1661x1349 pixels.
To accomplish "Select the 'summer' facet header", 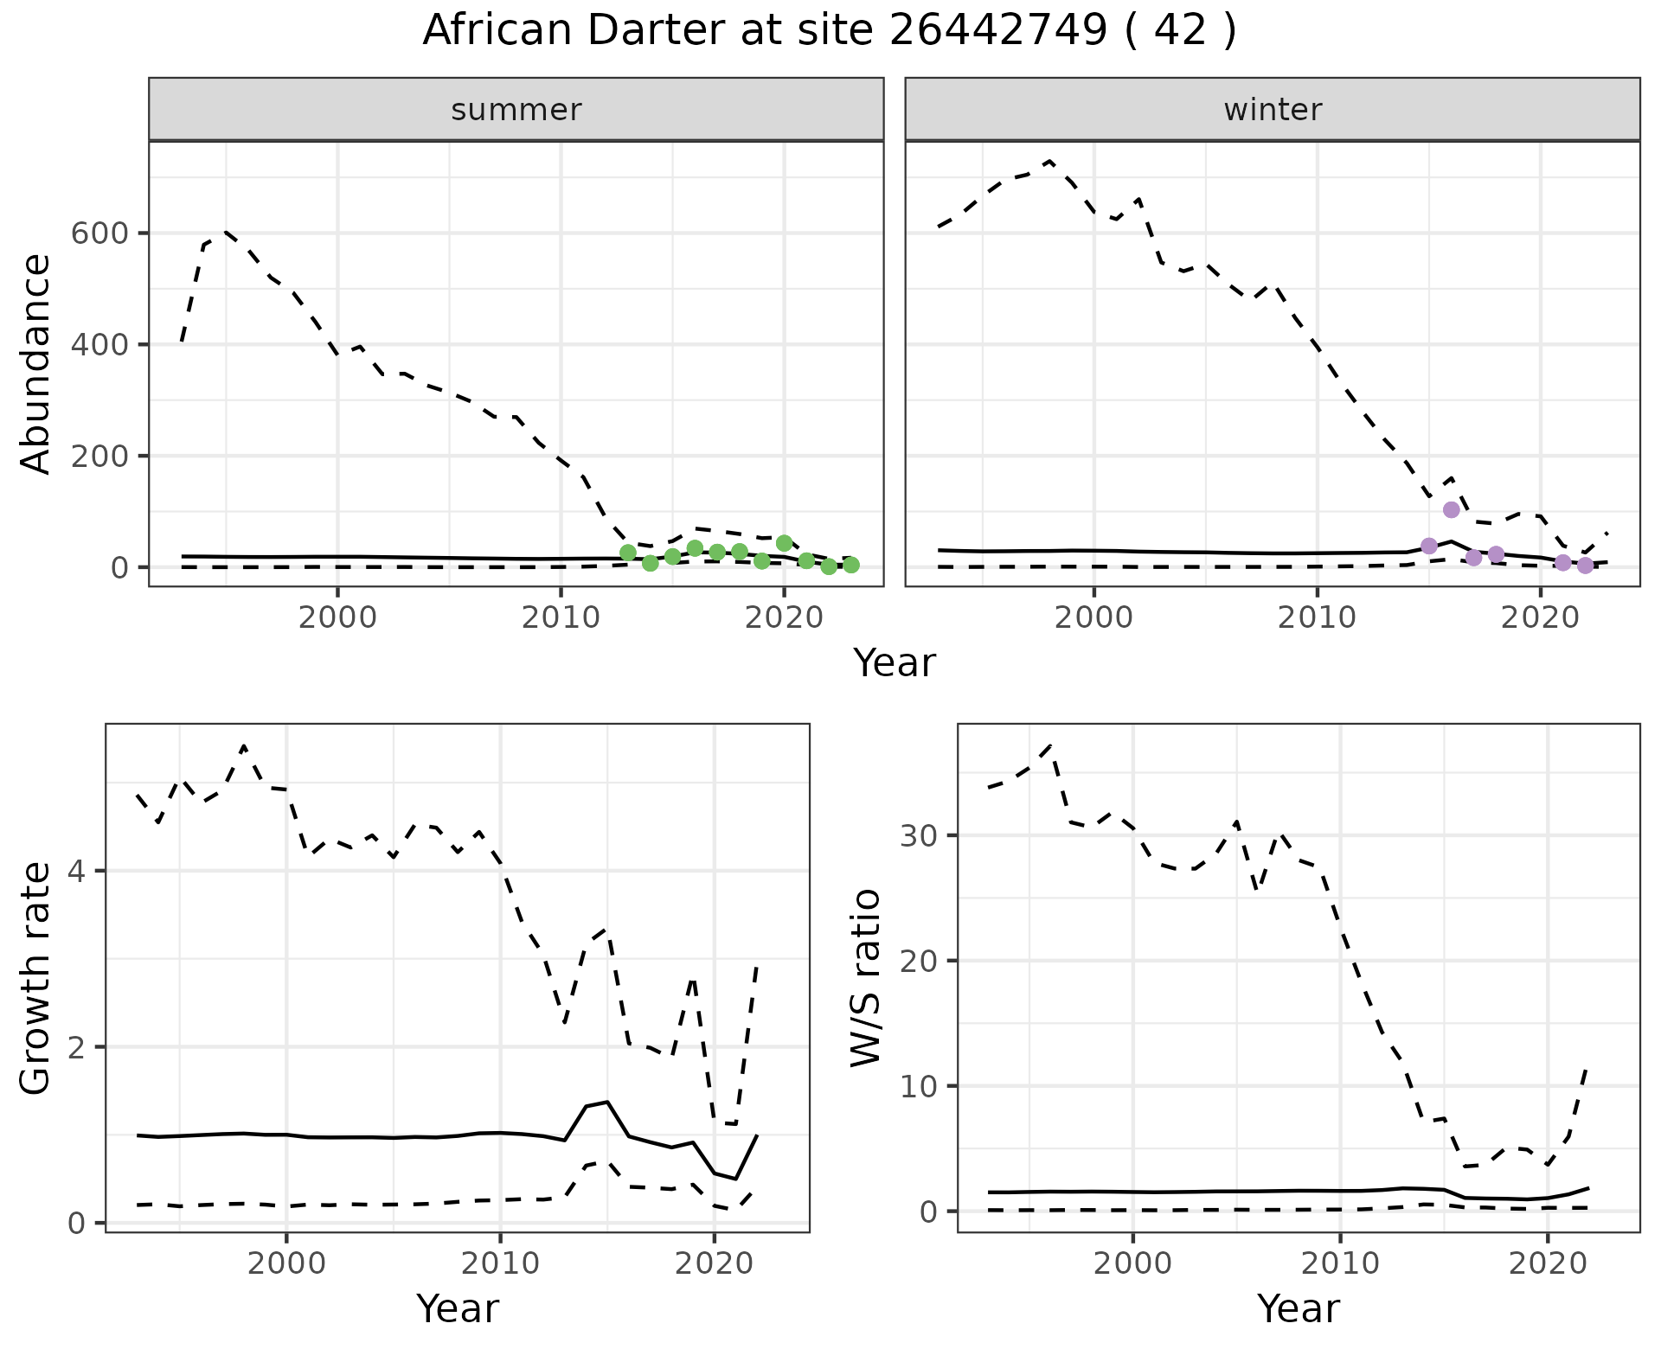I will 516,110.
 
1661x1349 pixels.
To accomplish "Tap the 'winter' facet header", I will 1273,110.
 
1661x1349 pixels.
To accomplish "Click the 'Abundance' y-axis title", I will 36,363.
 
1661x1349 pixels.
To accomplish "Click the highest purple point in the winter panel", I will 1452,509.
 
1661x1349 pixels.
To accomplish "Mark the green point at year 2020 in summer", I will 785,543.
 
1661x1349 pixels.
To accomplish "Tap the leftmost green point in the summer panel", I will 628,553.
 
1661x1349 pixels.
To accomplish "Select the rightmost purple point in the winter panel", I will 1585,566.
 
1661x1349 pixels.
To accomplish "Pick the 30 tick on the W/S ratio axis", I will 923,835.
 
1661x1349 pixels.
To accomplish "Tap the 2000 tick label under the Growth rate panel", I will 286,1263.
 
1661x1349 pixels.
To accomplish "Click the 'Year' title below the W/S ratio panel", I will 1299,1308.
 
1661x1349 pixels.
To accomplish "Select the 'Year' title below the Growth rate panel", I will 458,1308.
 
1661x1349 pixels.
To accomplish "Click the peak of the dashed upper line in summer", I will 225,231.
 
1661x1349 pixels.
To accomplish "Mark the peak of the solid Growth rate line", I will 607,1101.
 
